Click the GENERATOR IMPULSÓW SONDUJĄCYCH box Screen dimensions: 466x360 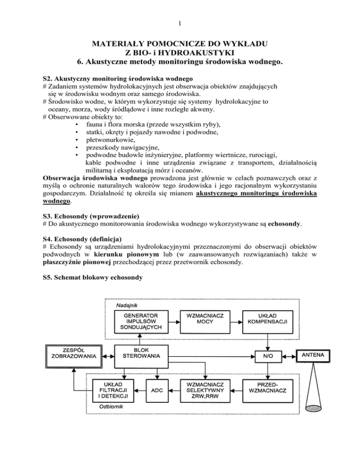pos(144,321)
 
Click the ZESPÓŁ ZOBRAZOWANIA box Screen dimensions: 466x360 pos(74,352)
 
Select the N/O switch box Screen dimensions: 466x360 pos(266,356)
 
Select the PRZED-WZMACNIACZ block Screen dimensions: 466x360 pos(266,390)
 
